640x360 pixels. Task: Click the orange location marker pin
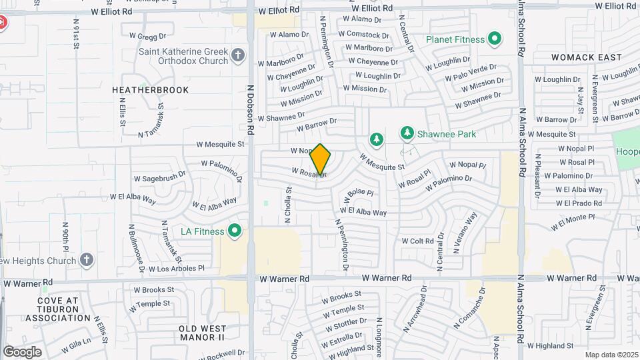tap(321, 160)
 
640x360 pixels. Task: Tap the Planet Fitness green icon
tap(494, 39)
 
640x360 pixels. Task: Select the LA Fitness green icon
tap(234, 231)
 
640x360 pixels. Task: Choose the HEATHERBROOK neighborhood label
tap(150, 90)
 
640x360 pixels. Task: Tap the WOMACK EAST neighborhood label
tap(587, 57)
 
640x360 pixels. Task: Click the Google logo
tap(22, 351)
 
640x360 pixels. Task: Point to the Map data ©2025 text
tap(611, 355)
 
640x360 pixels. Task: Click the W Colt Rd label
tap(417, 241)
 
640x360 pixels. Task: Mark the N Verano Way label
tap(466, 231)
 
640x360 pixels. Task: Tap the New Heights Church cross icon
tap(87, 259)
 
